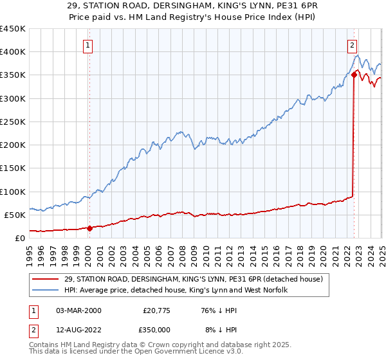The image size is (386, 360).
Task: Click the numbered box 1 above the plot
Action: [x=87, y=45]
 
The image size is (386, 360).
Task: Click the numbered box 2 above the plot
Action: [x=353, y=45]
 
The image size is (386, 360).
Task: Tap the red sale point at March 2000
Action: [x=90, y=228]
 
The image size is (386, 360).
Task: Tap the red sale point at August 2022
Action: [x=354, y=75]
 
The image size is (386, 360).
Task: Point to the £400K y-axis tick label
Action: [x=13, y=52]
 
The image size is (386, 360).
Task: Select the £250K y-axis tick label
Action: [x=13, y=122]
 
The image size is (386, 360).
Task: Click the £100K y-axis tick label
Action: [x=13, y=192]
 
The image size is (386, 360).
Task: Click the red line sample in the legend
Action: [x=46, y=278]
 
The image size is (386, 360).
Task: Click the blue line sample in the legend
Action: [x=46, y=290]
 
